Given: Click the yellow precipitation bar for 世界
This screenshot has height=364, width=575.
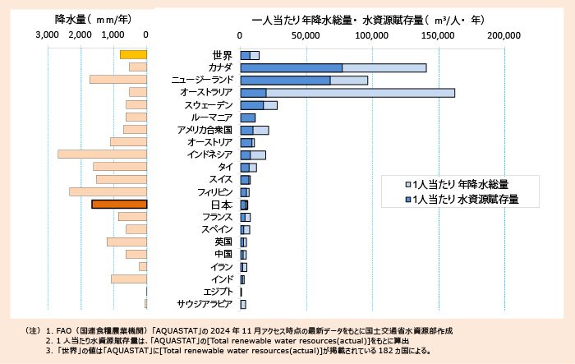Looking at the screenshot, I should point(133,54).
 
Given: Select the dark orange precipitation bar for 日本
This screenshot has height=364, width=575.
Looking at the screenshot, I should point(119,205).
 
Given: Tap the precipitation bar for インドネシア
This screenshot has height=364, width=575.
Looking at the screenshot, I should point(102,154).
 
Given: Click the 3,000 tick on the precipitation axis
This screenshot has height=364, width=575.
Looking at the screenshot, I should point(48,35).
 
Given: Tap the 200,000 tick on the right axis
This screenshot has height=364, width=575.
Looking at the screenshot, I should point(504,35).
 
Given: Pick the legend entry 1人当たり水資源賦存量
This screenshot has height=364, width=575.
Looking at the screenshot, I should point(464,199).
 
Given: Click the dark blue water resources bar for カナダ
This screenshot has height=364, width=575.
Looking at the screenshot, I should point(291,67).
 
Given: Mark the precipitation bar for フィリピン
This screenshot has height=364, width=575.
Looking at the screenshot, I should point(108,191).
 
